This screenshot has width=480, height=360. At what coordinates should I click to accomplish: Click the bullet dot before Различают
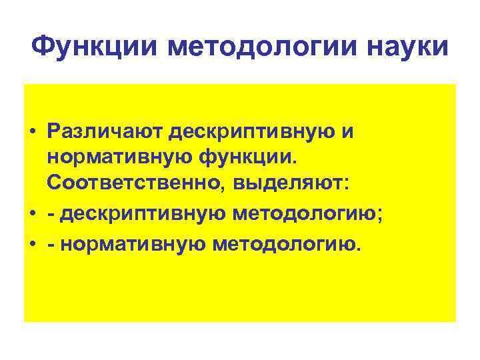(x=32, y=133)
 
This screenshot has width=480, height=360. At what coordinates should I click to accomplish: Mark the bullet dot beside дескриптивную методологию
(x=32, y=214)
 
